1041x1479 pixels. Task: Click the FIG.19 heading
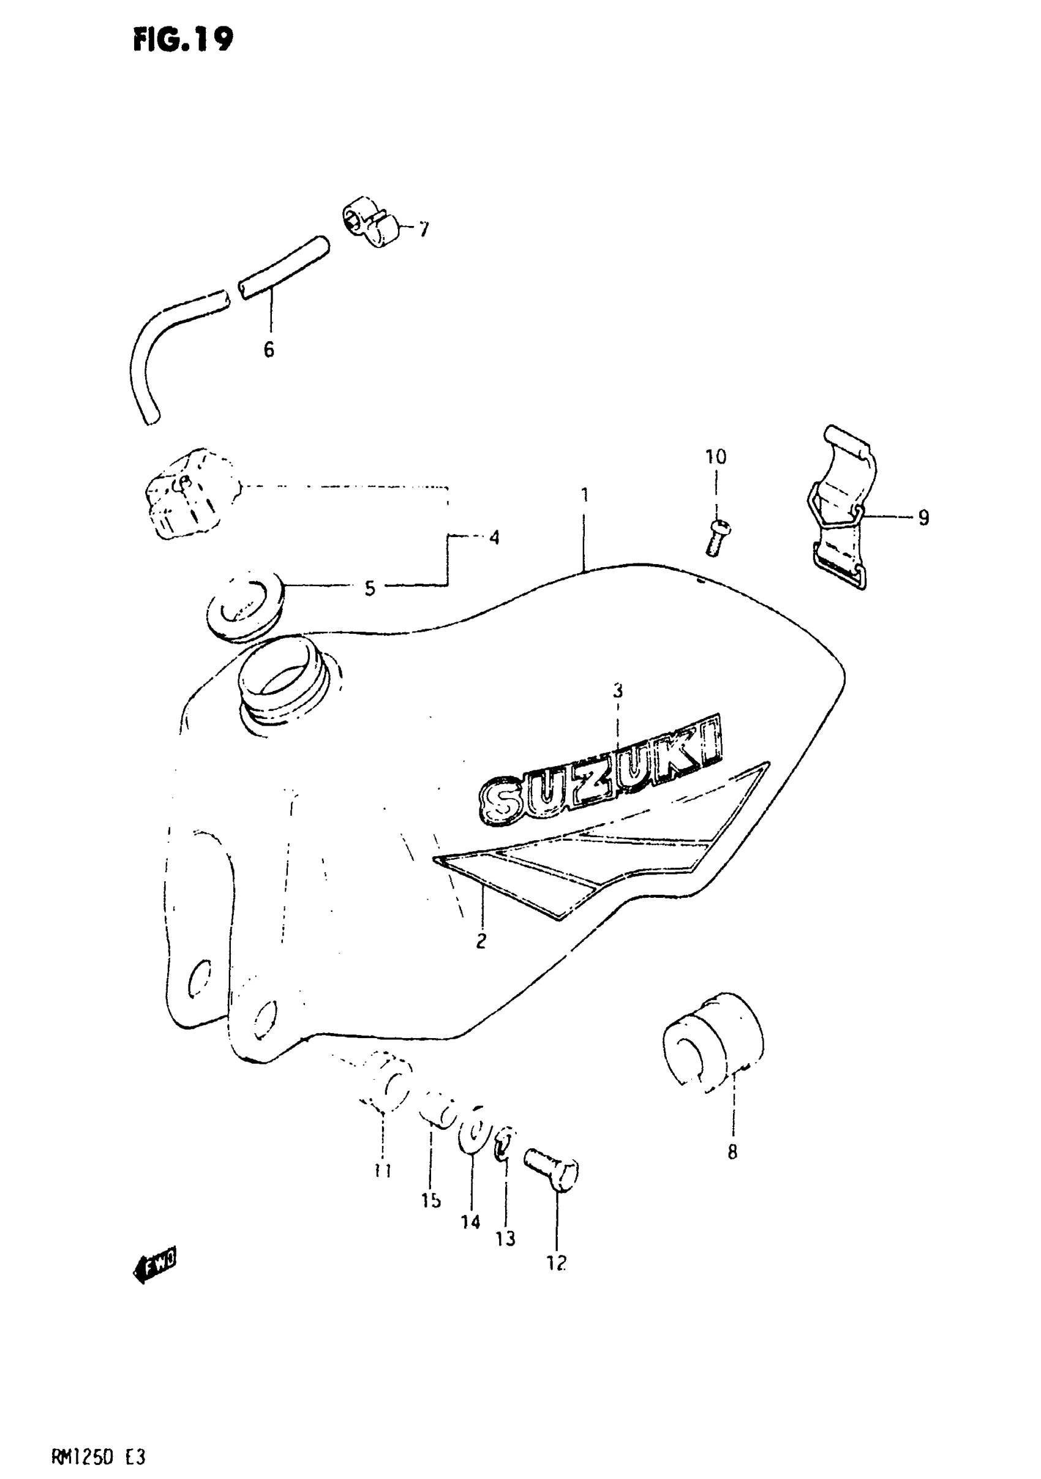point(183,40)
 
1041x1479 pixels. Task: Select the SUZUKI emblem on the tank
point(599,773)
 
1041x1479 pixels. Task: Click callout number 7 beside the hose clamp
point(423,229)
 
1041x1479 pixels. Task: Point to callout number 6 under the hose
point(269,350)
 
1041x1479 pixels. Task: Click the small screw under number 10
point(716,537)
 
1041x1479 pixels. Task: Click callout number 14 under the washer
point(471,1221)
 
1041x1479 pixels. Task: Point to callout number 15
point(431,1200)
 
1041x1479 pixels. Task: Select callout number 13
point(506,1239)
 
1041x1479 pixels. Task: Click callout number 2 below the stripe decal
point(481,941)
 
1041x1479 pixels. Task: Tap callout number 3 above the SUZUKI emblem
point(618,691)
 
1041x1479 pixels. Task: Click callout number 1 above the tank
point(584,495)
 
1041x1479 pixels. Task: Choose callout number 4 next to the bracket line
point(494,537)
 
